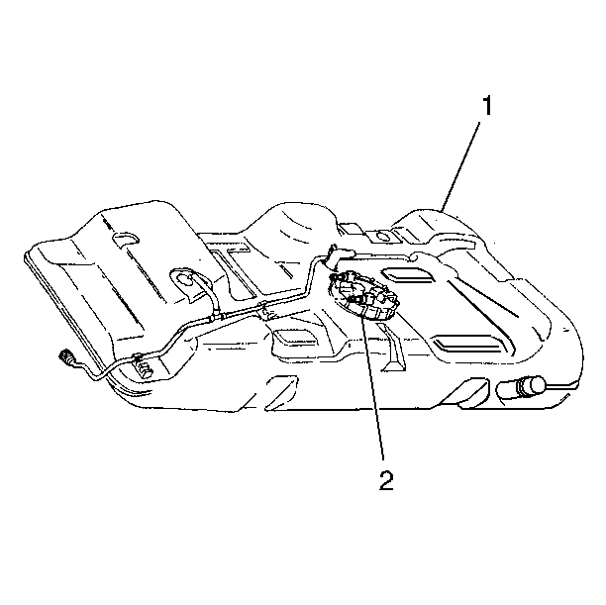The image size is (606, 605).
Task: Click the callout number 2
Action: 386,480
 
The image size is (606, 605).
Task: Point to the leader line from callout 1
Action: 461,166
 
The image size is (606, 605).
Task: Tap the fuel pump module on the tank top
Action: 362,296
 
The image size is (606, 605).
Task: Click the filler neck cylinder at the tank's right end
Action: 522,387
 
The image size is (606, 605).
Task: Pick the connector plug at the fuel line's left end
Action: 66,356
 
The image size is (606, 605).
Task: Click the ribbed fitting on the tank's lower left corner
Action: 145,368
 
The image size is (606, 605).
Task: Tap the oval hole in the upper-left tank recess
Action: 125,239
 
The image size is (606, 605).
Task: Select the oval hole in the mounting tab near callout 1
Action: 382,235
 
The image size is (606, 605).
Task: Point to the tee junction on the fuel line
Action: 216,318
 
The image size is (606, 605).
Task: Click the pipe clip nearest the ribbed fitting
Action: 136,357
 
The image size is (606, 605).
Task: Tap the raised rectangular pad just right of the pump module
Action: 407,275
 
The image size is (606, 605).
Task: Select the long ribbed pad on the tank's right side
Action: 468,344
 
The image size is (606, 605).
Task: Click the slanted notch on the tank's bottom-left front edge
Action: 281,391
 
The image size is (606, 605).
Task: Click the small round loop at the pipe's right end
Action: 413,256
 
